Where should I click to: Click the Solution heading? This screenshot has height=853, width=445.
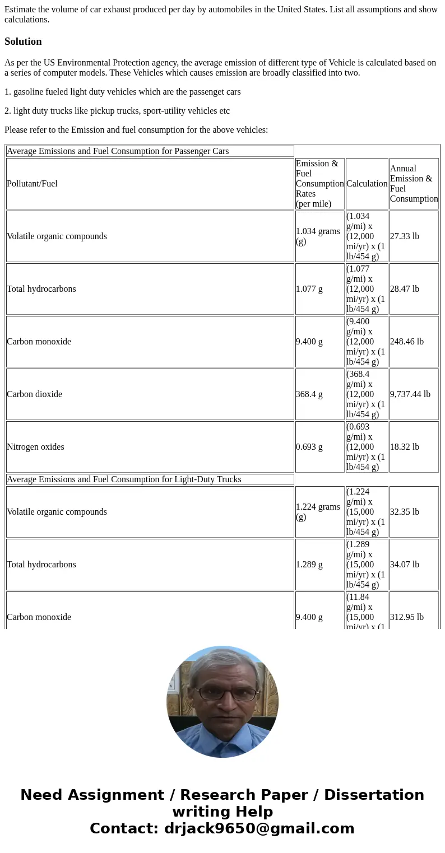tap(23, 41)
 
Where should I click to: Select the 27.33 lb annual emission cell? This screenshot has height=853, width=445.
tap(405, 236)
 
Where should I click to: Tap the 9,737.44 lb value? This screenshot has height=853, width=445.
tap(410, 394)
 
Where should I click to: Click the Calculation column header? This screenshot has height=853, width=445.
tap(367, 184)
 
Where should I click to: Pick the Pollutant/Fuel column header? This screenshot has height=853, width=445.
tap(32, 184)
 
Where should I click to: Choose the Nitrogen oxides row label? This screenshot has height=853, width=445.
tap(35, 447)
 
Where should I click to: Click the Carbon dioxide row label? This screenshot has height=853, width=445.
tap(34, 394)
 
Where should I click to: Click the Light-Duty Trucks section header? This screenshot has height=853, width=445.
tap(124, 479)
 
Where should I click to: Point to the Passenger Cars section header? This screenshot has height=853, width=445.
tap(118, 151)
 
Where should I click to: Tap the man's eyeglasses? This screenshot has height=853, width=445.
tap(222, 693)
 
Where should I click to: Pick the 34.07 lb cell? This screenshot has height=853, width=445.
tap(405, 565)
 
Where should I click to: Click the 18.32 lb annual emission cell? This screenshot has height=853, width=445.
tap(405, 447)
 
